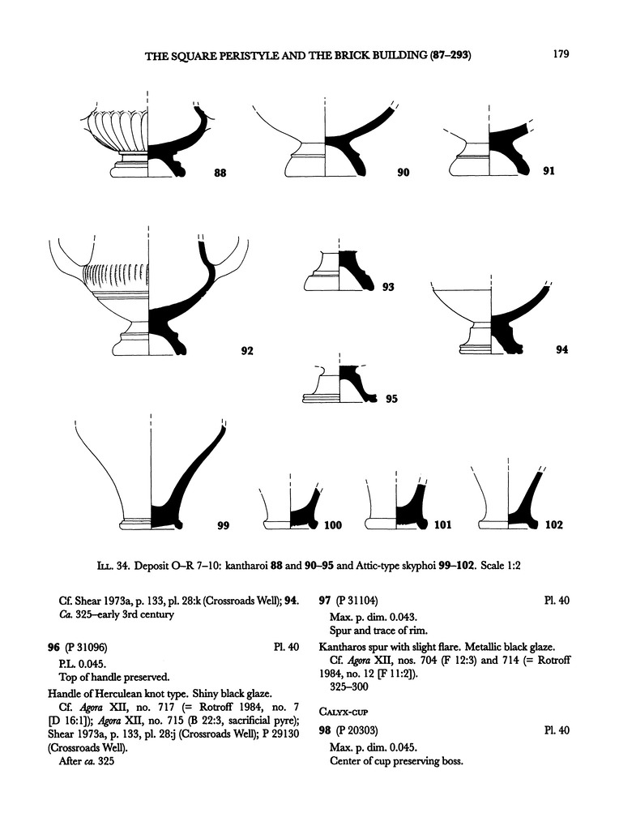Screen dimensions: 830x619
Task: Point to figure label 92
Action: [247, 351]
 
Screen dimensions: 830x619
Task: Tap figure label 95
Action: [391, 399]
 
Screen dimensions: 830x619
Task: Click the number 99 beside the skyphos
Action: [224, 525]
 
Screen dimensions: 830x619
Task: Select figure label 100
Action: [333, 525]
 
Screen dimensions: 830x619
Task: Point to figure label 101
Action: [442, 525]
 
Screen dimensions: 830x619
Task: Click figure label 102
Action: [553, 525]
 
